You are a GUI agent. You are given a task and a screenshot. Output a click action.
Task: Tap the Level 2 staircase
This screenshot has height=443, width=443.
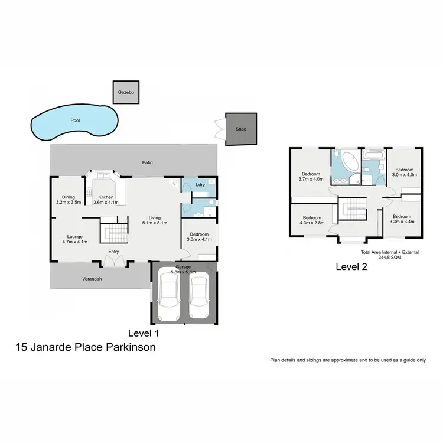tap(353, 209)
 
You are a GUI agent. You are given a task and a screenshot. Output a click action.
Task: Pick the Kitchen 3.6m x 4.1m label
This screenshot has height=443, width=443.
tap(106, 200)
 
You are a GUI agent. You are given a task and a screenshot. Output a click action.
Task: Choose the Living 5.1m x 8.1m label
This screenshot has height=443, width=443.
tap(155, 220)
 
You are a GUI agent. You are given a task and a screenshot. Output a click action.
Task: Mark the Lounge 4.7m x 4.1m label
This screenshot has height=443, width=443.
tap(74, 239)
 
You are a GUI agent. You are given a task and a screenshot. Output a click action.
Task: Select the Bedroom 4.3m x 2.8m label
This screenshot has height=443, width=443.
tap(311, 220)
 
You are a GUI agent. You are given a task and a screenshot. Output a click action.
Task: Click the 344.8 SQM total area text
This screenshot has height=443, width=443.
tap(389, 258)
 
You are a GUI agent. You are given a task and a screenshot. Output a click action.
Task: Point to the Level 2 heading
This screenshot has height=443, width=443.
tap(351, 266)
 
